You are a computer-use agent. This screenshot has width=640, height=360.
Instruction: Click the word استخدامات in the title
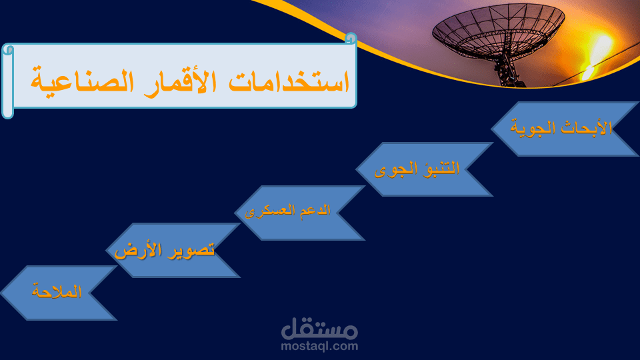289,81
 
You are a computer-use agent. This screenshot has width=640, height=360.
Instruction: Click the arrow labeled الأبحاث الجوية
565,129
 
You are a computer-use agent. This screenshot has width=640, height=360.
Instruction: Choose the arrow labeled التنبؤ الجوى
425,169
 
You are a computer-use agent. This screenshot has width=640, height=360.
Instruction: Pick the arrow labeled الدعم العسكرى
299,213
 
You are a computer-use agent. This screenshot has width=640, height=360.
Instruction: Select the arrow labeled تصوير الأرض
173,250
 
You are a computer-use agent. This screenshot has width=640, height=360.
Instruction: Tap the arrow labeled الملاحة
59,293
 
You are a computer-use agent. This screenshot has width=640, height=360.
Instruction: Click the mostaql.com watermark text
319,346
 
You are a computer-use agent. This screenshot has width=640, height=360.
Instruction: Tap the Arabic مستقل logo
319,329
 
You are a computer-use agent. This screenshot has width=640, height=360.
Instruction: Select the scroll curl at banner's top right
351,39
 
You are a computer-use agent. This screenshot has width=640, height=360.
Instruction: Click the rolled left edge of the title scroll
8,81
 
